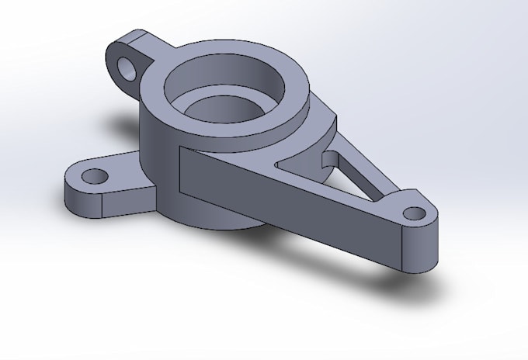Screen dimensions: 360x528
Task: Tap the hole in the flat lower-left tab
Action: [95, 176]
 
